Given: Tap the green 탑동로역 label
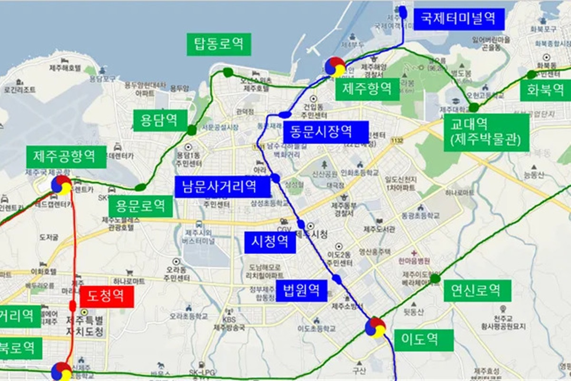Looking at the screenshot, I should point(218,44).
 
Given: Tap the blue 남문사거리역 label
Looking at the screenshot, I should point(222,186).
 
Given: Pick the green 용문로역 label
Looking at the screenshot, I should point(140,206).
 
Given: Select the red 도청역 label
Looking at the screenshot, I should point(107,296).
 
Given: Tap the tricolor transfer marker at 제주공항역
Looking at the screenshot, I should point(62,185).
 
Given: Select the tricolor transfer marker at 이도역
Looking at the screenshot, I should point(375,328).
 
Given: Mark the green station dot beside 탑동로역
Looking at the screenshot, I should point(228,72).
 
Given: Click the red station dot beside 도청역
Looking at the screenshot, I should point(73,305).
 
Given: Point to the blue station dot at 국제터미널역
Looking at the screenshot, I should point(403,12).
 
